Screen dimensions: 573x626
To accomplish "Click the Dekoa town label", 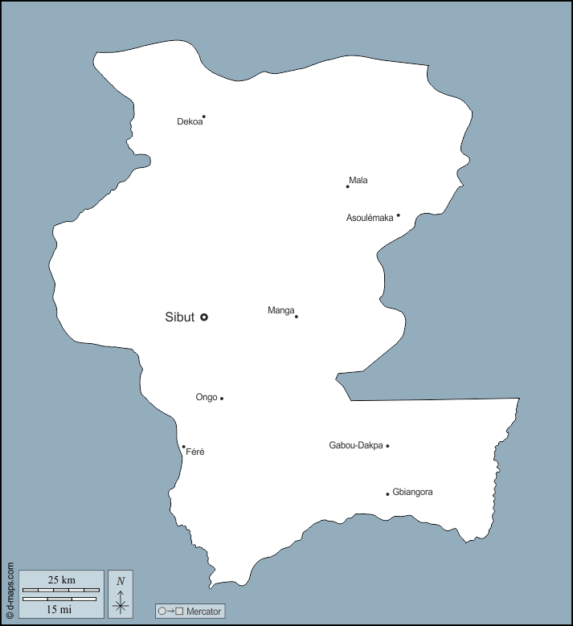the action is pos(190,122).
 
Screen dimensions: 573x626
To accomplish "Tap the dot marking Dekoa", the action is pos(204,117).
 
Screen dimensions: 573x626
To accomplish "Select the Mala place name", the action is pos(358,180).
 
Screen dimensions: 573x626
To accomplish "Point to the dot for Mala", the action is pos(348,186).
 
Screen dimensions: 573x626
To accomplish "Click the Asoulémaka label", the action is pos(370,218).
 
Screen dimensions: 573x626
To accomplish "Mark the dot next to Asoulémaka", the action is pos(398,215).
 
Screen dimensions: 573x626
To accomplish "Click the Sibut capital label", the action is pos(180,317).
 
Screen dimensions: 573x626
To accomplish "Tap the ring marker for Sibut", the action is pos(204,317).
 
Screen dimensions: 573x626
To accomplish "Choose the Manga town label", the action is pos(280,310).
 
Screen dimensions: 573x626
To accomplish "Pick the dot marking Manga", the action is pos(297,317).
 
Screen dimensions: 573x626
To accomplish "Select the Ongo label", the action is pos(207,397).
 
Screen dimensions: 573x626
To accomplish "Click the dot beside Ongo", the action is pos(222,399).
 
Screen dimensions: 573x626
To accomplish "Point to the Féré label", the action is pos(195,452).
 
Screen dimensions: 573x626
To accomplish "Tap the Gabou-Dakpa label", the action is pos(356,445).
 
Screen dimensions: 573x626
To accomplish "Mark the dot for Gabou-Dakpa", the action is pos(387,446).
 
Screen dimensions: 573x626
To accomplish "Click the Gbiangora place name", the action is pos(413,492).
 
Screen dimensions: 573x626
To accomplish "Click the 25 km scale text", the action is pos(61,580).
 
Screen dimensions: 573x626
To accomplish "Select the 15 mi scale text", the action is pos(59,610).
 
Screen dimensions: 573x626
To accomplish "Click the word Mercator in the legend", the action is pos(203,612).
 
